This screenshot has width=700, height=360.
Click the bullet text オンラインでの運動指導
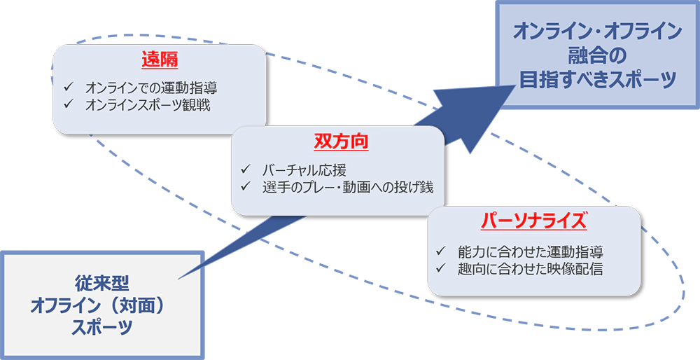tap(150, 89)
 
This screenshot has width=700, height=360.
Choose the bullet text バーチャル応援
tap(304, 170)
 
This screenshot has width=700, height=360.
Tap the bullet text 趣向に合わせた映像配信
tap(528, 268)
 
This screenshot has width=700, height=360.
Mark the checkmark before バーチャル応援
tap(246, 170)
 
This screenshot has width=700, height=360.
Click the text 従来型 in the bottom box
tap(102, 283)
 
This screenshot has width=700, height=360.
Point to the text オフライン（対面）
tap(101, 305)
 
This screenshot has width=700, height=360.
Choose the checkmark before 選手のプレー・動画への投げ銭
tap(246, 186)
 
